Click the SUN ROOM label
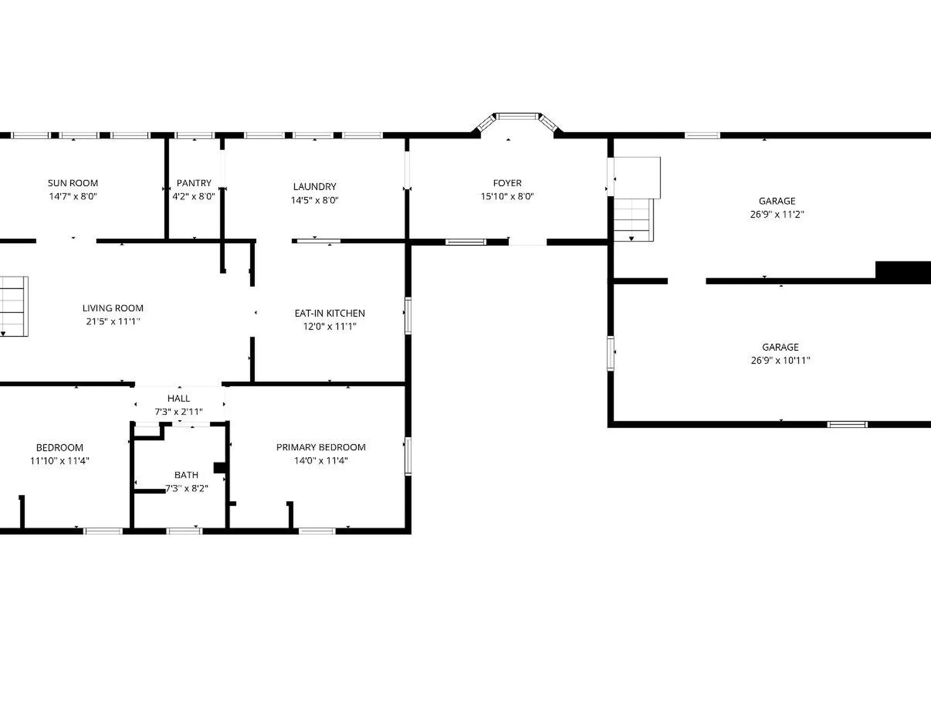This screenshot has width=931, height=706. [x=73, y=183]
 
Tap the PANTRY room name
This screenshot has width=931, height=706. [x=194, y=183]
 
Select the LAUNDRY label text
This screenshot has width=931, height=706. [x=315, y=186]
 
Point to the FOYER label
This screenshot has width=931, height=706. [x=507, y=183]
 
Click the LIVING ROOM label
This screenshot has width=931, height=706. [x=113, y=308]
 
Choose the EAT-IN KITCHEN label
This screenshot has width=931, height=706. [x=330, y=313]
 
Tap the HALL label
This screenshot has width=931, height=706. [x=178, y=398]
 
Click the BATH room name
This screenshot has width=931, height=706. [x=186, y=475]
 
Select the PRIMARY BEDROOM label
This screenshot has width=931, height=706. [x=321, y=447]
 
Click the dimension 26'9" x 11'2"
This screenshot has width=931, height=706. [x=777, y=214]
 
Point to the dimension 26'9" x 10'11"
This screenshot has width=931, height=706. [x=780, y=361]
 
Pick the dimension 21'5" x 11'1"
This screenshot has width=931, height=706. [x=113, y=321]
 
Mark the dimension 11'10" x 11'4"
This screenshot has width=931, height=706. [x=60, y=461]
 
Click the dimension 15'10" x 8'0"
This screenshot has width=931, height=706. [x=507, y=197]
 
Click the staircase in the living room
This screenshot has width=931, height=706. [x=14, y=306]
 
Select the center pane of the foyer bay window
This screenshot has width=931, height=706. [x=518, y=116]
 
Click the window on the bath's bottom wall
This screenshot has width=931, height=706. [x=184, y=531]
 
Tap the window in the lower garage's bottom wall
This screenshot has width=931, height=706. [x=847, y=425]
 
